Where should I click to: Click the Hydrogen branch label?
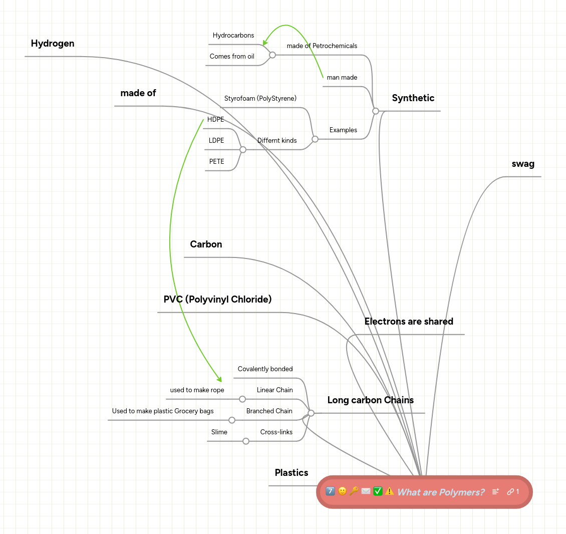tap(53, 44)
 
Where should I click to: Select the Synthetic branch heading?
tap(413, 98)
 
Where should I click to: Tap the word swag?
tap(523, 164)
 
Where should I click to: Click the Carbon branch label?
tap(206, 244)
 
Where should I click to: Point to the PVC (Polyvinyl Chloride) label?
tap(217, 300)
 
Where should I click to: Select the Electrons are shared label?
tap(409, 322)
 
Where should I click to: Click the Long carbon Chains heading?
tap(370, 400)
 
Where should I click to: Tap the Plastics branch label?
tap(292, 473)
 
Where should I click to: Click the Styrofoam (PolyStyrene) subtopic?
tap(260, 99)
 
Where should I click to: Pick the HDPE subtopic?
tap(215, 120)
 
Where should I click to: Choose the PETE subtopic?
tap(216, 162)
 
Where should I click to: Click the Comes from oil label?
tap(232, 57)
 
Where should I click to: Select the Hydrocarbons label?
tap(233, 36)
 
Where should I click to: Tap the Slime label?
tap(219, 432)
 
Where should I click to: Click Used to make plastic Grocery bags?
tap(163, 411)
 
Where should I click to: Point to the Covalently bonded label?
tap(265, 369)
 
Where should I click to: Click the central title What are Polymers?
tap(441, 492)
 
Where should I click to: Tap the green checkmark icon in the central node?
tap(378, 491)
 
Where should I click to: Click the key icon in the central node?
tap(354, 491)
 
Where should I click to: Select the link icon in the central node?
tap(510, 492)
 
